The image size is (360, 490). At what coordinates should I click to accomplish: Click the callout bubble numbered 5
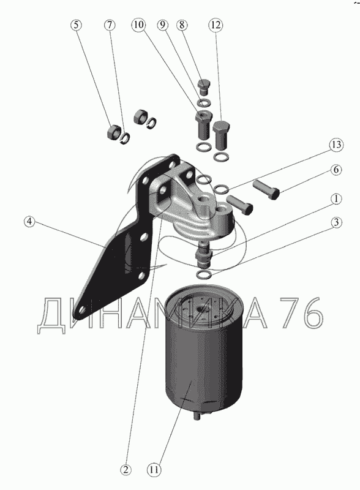76,25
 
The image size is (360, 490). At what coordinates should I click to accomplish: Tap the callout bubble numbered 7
110,25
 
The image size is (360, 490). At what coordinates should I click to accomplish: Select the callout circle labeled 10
139,24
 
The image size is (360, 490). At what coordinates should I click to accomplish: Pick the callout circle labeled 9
162,25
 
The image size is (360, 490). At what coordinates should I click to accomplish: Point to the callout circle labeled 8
182,25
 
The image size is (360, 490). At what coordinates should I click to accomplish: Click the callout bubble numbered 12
216,25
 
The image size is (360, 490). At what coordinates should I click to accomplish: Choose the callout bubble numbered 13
336,145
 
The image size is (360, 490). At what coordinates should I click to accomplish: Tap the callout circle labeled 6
336,170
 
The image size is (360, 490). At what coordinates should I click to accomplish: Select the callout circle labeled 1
336,198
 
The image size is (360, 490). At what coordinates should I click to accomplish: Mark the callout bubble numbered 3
336,222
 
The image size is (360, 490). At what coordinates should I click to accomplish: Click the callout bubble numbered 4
29,222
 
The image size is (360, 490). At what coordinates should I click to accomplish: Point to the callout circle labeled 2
126,470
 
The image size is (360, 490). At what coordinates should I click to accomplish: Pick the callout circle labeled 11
154,470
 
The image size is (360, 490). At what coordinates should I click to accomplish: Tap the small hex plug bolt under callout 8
204,87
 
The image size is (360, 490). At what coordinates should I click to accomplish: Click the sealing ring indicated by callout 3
204,274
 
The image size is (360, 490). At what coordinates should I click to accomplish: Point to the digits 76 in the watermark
301,312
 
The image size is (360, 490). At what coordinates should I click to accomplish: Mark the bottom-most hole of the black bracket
82,310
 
